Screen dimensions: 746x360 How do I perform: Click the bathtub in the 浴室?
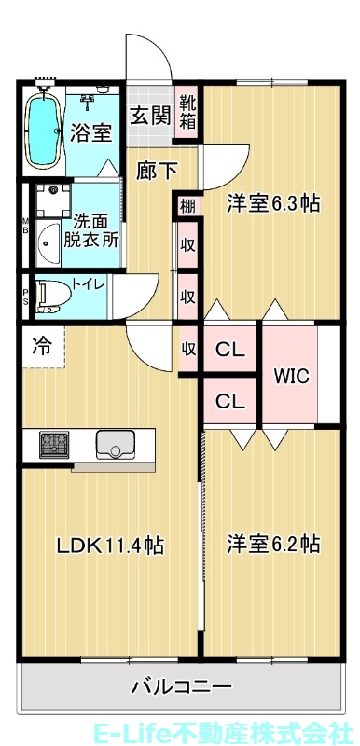coord(41,131)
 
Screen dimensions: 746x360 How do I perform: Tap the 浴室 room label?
coord(91,133)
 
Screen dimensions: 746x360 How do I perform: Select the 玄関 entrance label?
coord(150,117)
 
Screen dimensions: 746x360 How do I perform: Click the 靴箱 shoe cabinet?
coord(188,112)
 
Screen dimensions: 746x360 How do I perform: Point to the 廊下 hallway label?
coord(154,171)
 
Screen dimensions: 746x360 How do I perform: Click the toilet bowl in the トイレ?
coord(52,294)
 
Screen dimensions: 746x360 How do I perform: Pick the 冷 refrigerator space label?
coord(42,344)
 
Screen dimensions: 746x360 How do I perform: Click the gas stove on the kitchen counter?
coord(53,444)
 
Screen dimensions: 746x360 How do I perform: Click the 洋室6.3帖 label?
coord(273,203)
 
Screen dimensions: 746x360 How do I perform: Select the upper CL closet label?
coord(230,351)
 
